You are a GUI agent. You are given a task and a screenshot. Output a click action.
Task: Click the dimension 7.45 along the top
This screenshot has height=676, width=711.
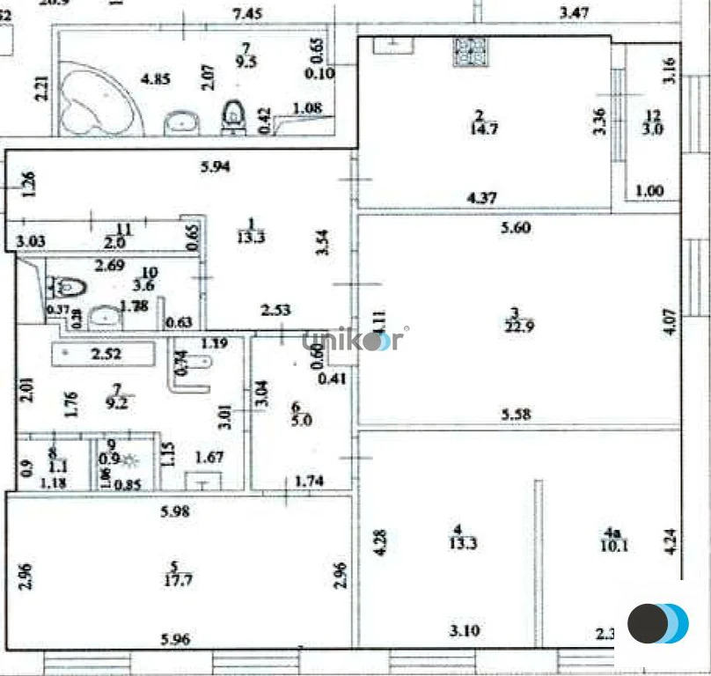[248, 12]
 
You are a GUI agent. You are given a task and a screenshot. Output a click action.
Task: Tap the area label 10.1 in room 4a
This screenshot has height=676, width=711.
[613, 543]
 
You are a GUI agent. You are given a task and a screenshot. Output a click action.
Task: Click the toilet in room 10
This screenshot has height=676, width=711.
[66, 287]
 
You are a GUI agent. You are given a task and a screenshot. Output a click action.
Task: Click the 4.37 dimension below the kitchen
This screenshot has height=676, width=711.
[481, 198]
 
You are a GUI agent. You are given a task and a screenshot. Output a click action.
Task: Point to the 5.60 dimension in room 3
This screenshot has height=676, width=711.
[517, 229]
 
